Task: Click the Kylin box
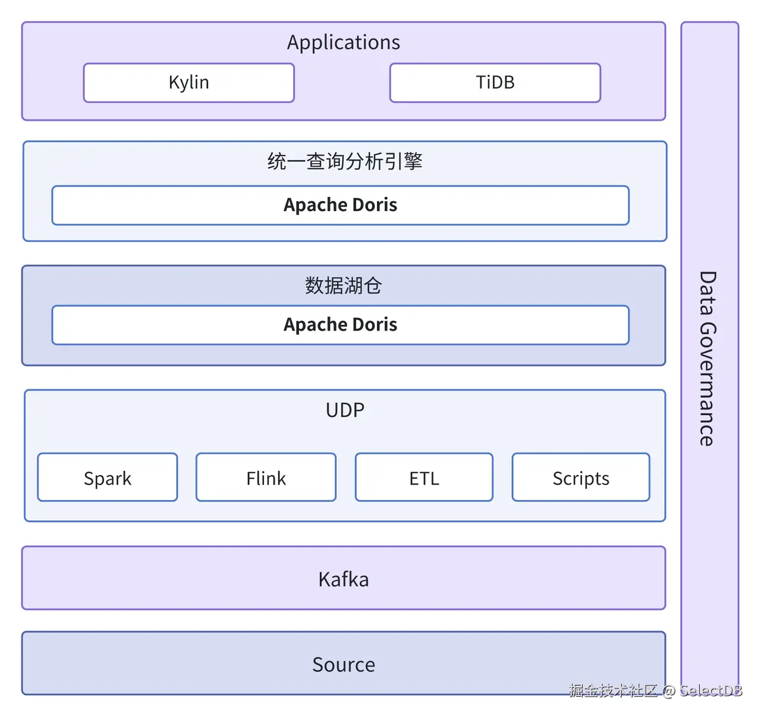click(189, 83)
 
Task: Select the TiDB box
click(495, 83)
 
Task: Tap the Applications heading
click(344, 43)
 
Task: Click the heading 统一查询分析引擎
click(345, 161)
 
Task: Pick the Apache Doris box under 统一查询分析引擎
click(340, 205)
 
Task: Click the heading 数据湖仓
click(344, 285)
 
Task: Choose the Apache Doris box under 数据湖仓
click(340, 325)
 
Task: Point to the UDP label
click(345, 410)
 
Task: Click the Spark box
click(108, 478)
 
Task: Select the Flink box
click(266, 478)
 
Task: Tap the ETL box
click(424, 478)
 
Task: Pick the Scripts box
click(581, 478)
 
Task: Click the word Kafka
click(344, 579)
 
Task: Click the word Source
click(344, 664)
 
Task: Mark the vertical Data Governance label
click(707, 358)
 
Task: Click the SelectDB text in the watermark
click(711, 690)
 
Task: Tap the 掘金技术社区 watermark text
click(613, 690)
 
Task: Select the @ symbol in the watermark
click(668, 691)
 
